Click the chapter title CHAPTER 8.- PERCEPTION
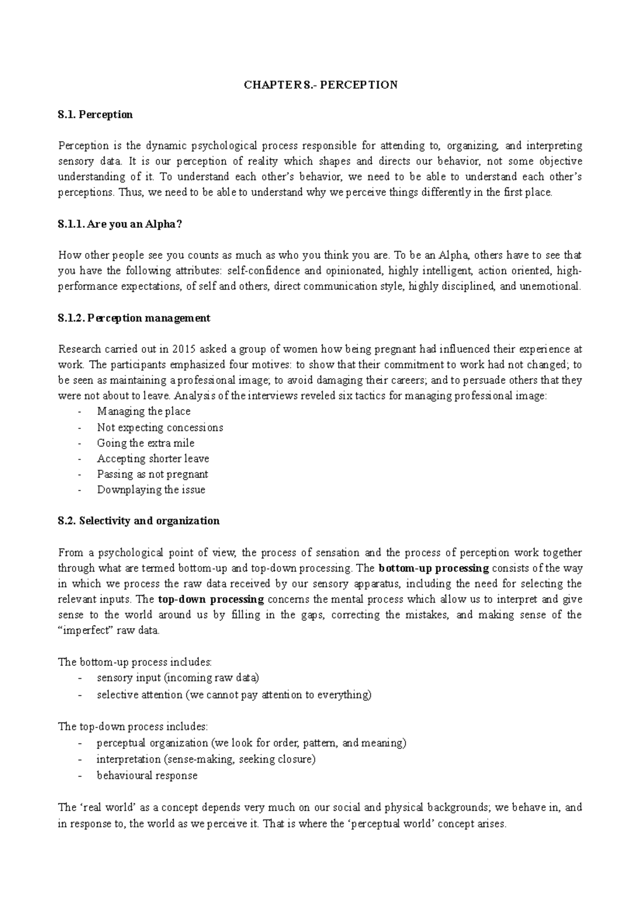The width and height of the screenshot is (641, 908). coord(320,85)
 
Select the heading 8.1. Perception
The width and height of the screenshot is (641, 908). coord(95,114)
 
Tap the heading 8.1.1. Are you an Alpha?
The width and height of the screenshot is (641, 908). coord(120,225)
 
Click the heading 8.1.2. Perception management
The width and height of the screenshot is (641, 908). coord(134,318)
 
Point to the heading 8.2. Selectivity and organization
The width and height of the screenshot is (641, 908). coord(138,521)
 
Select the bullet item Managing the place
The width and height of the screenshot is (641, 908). coord(144,411)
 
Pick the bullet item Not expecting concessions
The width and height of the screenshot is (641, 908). coord(160,427)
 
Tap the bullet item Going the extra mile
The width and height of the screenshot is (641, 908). coord(145,443)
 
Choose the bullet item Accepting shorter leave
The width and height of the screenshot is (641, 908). coord(153,458)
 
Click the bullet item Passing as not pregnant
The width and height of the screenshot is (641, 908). coord(152,474)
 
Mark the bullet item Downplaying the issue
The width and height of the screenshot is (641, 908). coord(151,489)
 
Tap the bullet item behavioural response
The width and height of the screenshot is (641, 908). coord(147,775)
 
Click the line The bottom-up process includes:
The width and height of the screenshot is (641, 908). coord(135,662)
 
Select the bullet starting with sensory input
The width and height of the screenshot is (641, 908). coord(177,678)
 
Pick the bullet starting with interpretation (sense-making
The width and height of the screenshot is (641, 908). coord(206,759)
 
